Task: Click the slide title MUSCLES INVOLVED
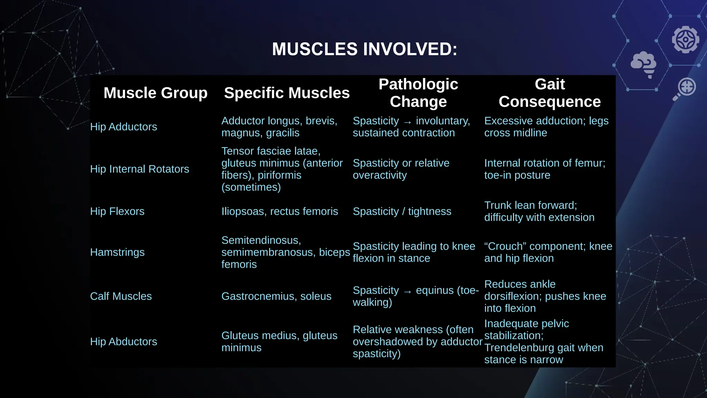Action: click(x=365, y=49)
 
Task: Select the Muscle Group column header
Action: click(x=155, y=93)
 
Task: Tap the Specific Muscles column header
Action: click(x=287, y=93)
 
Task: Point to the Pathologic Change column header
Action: click(x=418, y=93)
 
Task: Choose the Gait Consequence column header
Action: click(x=550, y=93)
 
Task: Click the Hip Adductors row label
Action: click(x=123, y=127)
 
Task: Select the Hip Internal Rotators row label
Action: click(x=139, y=169)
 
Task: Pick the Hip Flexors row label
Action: click(x=117, y=211)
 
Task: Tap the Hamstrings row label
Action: click(x=117, y=252)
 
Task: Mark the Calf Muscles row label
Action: click(x=121, y=296)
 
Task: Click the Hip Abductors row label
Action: click(x=123, y=342)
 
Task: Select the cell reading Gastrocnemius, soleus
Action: click(x=276, y=296)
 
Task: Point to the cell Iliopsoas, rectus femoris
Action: click(x=280, y=211)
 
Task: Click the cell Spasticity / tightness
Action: click(x=402, y=211)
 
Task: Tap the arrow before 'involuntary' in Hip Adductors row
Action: click(x=407, y=122)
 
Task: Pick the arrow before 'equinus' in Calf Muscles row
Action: click(x=407, y=292)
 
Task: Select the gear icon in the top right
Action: click(x=686, y=39)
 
